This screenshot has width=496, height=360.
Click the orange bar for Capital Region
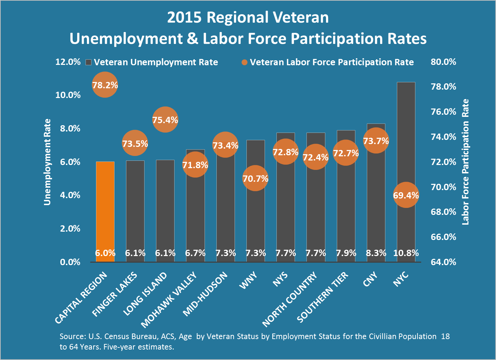(105, 209)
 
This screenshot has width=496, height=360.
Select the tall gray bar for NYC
(406, 140)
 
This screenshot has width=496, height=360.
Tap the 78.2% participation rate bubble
(105, 85)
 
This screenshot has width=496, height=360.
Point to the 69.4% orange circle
(406, 195)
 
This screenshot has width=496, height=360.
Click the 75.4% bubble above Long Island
(165, 120)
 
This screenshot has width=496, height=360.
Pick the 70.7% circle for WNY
(256, 178)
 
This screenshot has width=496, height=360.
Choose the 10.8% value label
(406, 253)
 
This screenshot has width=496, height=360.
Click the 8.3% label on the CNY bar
(376, 253)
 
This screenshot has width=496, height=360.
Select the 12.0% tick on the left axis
(68, 62)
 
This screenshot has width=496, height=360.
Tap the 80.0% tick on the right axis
(443, 62)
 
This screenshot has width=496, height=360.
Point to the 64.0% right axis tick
(443, 262)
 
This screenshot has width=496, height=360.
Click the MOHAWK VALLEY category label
(169, 300)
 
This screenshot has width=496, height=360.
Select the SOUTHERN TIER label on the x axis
(323, 297)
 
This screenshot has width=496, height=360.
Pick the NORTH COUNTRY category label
(290, 299)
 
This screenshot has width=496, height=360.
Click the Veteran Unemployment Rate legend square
(89, 62)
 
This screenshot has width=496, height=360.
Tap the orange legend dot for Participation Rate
(244, 62)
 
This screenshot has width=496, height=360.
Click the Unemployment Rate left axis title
(47, 162)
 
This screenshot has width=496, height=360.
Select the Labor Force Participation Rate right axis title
(466, 162)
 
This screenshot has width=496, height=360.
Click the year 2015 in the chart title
(184, 17)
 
